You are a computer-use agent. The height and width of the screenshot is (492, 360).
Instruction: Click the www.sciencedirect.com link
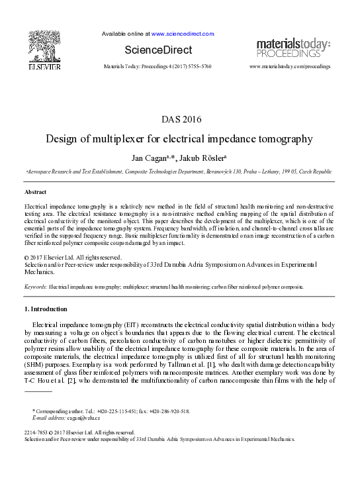(183, 33)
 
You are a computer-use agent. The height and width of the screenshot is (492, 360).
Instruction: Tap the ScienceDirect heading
(158, 50)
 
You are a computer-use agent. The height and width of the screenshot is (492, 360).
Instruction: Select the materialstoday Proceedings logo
(293, 48)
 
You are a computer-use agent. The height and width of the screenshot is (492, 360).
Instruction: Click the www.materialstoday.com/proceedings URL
(289, 67)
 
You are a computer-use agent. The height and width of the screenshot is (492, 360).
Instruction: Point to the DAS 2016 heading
(180, 120)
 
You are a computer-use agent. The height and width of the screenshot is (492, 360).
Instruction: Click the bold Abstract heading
(35, 191)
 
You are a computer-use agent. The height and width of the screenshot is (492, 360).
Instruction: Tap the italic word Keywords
(35, 287)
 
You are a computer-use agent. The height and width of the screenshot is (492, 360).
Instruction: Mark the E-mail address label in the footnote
(50, 418)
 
